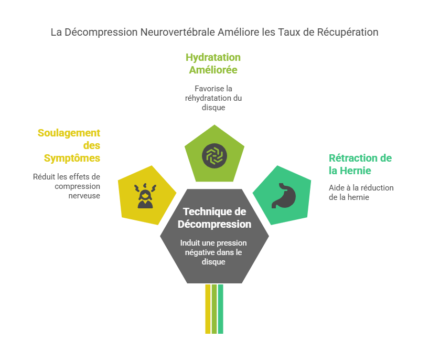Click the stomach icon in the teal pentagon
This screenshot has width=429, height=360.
coord(283,196)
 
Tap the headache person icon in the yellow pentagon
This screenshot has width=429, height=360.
coord(145,196)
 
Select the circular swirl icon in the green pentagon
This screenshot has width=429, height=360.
coord(214,155)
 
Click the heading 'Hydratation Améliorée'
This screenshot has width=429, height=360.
coord(213,63)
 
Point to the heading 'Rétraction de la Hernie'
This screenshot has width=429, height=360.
coord(360,164)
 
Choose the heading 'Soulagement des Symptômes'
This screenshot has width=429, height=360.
coord(69,145)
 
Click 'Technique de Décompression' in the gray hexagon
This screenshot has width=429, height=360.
coord(214,218)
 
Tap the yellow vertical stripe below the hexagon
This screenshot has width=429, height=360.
coord(208,309)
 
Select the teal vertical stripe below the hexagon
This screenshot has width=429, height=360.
coord(220,309)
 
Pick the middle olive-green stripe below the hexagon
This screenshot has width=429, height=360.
coord(214,309)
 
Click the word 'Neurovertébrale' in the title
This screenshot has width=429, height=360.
coord(178,33)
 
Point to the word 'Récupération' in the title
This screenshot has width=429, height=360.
coord(348,33)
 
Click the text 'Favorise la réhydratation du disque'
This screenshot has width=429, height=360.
coord(213,98)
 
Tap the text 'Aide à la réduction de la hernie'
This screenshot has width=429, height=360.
coord(361,193)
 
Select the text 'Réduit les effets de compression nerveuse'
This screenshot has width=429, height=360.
coord(67,186)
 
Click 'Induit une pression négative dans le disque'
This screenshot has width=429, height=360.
coord(213,252)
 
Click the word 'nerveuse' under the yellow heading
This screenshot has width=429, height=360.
coord(84,196)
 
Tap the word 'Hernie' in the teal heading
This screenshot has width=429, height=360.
coord(355,171)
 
